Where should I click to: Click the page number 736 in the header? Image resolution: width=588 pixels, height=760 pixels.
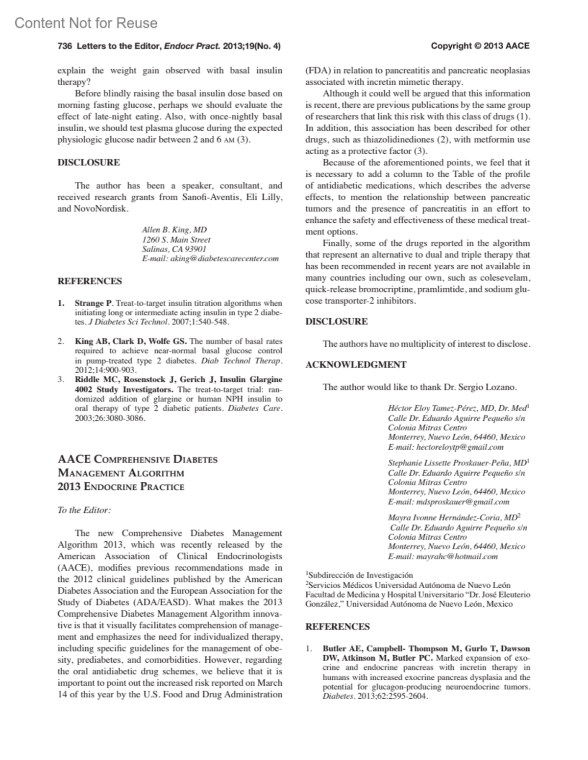(x=65, y=46)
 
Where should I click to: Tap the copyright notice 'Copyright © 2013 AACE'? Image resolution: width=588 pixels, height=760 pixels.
(x=480, y=46)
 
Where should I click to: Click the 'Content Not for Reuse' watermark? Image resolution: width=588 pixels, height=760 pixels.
(x=86, y=23)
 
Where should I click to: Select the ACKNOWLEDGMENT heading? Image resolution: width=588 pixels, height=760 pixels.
(x=356, y=365)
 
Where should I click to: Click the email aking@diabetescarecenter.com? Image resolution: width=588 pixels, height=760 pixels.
(x=224, y=258)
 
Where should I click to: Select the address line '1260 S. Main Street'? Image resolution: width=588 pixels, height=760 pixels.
(x=176, y=239)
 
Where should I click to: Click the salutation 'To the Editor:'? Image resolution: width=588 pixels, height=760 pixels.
(x=84, y=510)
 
